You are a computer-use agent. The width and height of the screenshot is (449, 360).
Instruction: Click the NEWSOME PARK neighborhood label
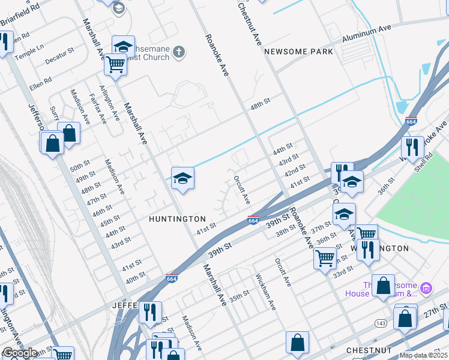pos(298,52)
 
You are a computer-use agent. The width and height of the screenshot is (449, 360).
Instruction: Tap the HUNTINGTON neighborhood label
pos(177,220)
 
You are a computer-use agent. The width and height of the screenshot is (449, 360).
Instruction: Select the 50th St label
pos(79,166)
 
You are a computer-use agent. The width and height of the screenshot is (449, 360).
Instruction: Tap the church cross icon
pos(178,52)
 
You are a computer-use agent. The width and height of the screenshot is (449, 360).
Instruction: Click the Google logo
pos(20,353)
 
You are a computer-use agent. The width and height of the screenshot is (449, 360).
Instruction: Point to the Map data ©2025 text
pos(424,355)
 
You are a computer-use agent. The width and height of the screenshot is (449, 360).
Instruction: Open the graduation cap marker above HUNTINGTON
pos(182,178)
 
